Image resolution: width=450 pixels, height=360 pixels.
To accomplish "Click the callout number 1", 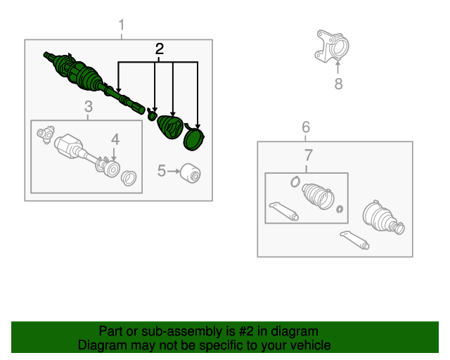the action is pos(122,25).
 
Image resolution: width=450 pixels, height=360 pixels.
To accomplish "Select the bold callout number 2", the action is pos(160,49).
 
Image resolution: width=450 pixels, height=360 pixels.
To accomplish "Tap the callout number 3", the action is pos(89,106).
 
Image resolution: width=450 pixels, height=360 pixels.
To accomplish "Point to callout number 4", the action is pos(115,139).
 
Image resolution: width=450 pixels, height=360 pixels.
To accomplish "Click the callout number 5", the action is pos(162,171).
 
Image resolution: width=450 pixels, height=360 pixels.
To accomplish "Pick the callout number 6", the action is pos(306,127).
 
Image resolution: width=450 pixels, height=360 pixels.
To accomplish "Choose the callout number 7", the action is pos(308,155).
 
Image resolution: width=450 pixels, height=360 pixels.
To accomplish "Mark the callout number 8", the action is pos(338,84).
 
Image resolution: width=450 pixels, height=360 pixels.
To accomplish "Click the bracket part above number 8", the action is pos(332,46).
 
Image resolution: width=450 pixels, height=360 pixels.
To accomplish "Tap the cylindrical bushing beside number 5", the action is pos(191,173).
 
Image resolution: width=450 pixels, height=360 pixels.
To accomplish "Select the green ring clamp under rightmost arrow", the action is pos(194,138).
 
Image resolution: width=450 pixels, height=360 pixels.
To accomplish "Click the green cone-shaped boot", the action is pos(170,127).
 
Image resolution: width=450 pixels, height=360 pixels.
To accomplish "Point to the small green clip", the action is pos(152,115).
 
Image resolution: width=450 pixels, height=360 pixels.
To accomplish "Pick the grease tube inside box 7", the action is pos(283,212).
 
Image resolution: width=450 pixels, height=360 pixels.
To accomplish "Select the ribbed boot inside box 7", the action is pos(318,196).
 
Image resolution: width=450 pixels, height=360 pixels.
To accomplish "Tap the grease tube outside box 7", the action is pos(354,240).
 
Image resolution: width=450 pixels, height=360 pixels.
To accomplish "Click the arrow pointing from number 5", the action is pos(173,171).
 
